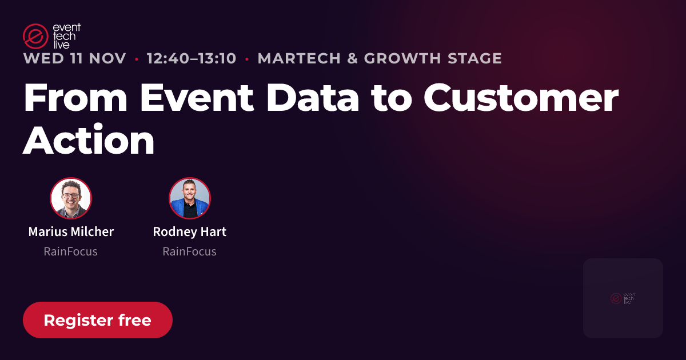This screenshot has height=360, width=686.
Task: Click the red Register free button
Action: (98, 320)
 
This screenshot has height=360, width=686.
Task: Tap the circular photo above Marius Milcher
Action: (71, 198)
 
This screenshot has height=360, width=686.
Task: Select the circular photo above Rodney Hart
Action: (190, 198)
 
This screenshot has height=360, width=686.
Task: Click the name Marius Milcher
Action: (71, 232)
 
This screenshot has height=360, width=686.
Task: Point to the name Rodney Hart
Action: (190, 232)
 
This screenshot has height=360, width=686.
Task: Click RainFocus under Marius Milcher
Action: (70, 251)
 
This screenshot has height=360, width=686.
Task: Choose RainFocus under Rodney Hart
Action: (190, 251)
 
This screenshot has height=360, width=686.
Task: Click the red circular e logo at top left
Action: (35, 36)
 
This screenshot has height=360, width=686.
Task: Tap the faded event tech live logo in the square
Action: (623, 298)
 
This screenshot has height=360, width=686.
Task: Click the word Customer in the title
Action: (521, 97)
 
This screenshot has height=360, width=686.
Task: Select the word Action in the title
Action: (89, 140)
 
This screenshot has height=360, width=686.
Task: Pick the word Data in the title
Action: (313, 97)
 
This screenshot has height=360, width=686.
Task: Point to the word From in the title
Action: (75, 97)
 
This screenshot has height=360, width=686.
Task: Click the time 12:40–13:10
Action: (192, 58)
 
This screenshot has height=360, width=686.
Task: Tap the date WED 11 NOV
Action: (75, 58)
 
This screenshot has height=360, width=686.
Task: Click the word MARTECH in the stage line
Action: (299, 58)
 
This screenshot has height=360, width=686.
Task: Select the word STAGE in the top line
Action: (474, 58)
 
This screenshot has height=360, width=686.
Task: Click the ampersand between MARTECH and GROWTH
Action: (353, 58)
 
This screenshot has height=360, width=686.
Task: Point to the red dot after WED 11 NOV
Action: (137, 59)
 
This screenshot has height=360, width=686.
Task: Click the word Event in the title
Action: (197, 97)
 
